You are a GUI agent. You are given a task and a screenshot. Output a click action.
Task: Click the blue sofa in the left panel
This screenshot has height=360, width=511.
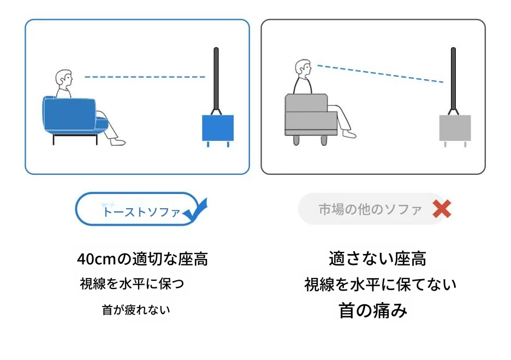pos(73,117)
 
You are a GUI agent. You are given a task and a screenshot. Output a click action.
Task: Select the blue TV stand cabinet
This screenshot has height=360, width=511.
pos(218,129)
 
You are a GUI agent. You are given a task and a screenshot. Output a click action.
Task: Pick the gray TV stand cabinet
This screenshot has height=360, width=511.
pos(455,129)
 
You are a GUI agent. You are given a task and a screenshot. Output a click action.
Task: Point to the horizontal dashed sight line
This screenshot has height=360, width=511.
pos(145,77)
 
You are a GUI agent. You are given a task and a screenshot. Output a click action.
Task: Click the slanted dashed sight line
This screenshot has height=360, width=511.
pos(381,74)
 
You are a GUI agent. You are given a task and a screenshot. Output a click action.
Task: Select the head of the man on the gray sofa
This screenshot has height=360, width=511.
pos(303,68)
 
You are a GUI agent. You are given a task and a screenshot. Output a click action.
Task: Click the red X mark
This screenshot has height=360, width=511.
pos(442,209)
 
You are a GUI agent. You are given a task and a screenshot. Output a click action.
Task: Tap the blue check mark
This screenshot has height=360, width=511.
pos(195,211)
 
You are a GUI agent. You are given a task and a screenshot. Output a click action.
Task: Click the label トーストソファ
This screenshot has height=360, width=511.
pos(141,212)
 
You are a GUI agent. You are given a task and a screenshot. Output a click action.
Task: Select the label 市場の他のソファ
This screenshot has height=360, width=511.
pos(370,209)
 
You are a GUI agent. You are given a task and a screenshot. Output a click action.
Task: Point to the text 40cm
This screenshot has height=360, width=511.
pos(97,259)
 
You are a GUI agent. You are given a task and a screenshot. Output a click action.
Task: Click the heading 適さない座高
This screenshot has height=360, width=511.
pos(377,258)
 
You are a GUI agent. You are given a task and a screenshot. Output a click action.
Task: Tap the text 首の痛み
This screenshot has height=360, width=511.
pos(373,310)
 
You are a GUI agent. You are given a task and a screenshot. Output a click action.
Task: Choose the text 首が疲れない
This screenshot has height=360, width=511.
pos(136,310)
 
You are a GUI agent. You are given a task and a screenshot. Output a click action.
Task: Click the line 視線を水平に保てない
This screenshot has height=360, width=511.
pos(381,285)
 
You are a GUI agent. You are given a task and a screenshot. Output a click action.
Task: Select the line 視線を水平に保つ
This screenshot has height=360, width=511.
pos(132,284)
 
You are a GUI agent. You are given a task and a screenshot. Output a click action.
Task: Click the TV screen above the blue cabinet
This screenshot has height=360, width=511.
pos(216,79)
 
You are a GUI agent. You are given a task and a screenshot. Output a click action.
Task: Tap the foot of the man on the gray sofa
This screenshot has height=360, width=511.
pos(349,134)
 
